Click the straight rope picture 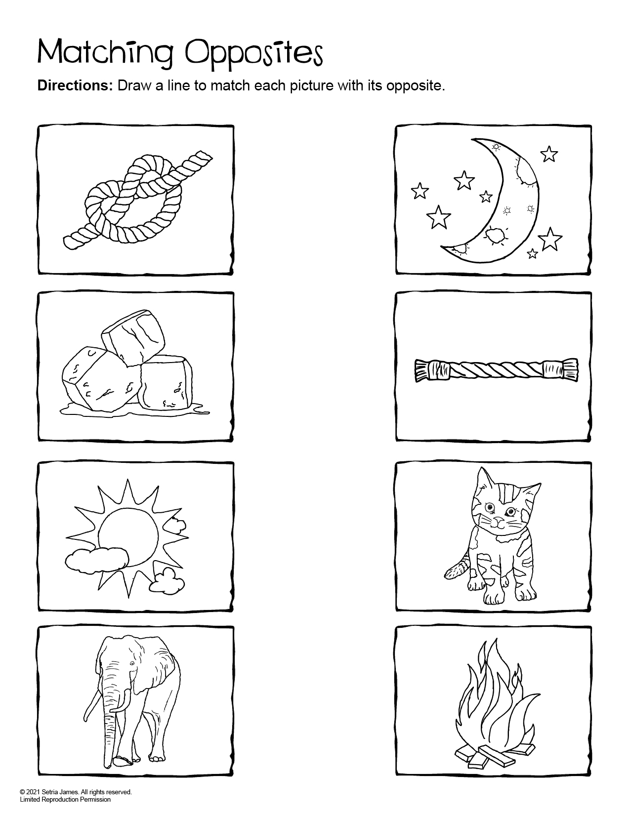point(495,369)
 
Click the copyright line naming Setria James point(76,792)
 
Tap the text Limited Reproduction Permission point(65,799)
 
